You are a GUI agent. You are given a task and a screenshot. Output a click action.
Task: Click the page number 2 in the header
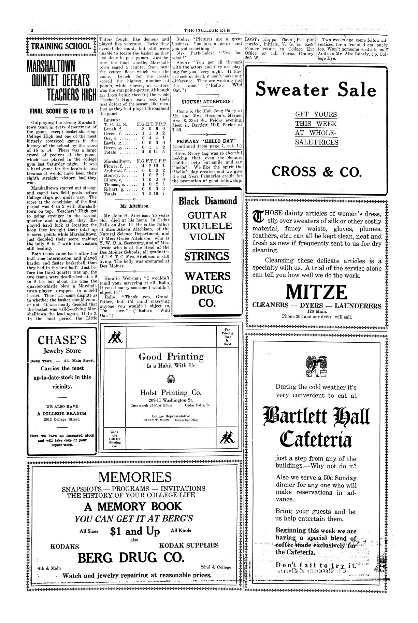[32, 30]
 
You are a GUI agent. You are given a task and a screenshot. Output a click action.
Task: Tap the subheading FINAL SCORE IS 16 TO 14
[62, 111]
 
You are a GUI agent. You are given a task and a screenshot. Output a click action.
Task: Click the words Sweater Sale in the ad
[316, 90]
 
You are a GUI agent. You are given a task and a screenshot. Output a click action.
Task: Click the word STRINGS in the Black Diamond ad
[207, 256]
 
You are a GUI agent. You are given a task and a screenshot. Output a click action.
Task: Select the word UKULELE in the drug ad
[207, 226]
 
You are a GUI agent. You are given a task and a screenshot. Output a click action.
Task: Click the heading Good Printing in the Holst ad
[171, 357]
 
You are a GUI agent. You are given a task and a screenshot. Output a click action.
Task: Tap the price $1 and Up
[135, 531]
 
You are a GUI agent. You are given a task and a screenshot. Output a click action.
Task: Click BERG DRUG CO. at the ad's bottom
[131, 557]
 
